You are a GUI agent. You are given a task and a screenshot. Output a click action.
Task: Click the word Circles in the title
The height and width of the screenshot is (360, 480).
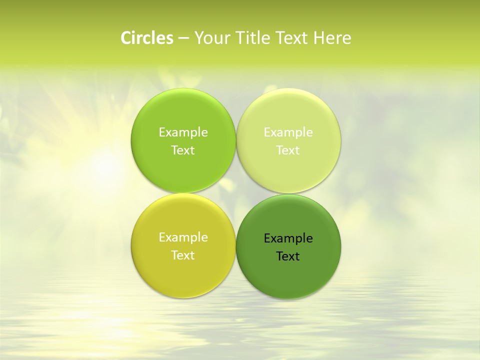(147, 38)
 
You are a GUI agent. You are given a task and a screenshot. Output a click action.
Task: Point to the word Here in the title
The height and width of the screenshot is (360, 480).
(332, 38)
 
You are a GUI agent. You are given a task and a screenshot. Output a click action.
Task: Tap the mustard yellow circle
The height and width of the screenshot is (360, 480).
(183, 275)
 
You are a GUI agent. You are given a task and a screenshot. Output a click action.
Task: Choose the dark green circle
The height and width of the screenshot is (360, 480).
(288, 275)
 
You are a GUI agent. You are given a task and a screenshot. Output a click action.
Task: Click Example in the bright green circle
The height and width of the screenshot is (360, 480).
(183, 132)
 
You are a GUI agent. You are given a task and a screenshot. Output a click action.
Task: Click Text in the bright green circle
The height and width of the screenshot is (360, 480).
(183, 150)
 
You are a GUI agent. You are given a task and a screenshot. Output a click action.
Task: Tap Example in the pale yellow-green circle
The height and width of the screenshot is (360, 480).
(288, 132)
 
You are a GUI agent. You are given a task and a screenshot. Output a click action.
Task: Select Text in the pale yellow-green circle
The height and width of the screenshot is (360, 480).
(288, 150)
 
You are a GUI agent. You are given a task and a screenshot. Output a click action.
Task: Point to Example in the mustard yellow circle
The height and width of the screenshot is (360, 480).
(183, 237)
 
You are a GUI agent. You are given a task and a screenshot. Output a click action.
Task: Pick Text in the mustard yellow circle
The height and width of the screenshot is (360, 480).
(183, 255)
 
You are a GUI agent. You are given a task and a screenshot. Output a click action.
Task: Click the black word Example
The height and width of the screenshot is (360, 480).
(288, 238)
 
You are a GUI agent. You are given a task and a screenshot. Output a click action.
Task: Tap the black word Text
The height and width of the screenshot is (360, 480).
(288, 256)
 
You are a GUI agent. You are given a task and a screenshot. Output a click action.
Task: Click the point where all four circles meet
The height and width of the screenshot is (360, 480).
(236, 193)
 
